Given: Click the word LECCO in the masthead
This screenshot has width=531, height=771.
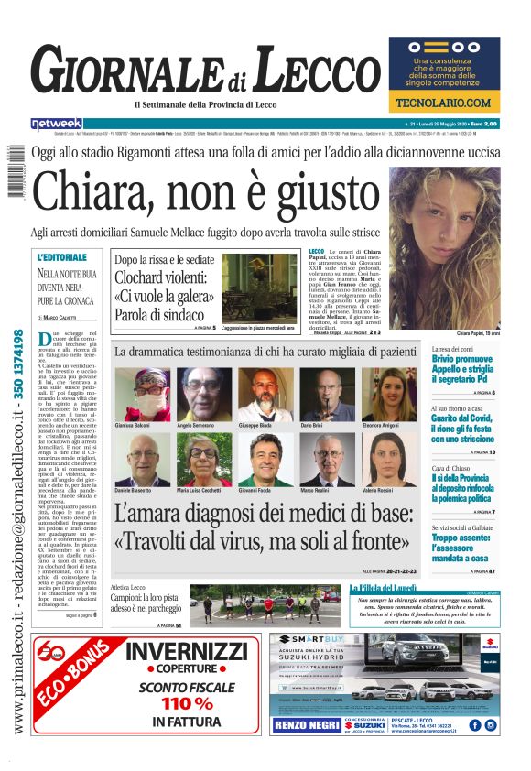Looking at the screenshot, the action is [x=313, y=71].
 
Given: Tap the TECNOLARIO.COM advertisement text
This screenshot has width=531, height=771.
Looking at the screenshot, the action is [x=444, y=103].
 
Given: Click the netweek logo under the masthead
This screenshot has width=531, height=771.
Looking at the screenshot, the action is [x=57, y=124].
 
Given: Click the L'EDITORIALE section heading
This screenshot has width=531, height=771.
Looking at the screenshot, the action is [x=62, y=257].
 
